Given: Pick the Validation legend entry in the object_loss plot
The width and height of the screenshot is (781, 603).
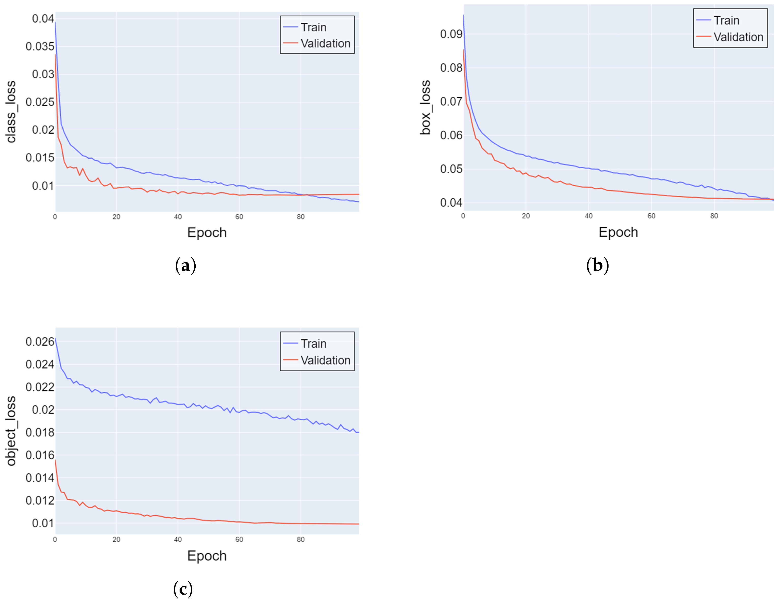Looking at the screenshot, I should point(325,360).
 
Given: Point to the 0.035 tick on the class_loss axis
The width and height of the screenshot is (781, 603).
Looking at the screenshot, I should point(40,46).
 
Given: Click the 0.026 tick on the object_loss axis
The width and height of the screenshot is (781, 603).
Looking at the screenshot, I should point(40,341).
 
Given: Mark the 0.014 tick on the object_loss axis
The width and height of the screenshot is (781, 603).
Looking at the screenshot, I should point(40,477).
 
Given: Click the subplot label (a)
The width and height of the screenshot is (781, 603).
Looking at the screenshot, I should point(186,266).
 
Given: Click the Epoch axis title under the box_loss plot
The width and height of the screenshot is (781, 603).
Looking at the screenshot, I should point(618,232).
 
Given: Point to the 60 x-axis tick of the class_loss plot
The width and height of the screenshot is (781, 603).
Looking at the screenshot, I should point(239,217).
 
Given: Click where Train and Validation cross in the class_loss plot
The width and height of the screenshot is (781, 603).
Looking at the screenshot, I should point(304,195).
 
